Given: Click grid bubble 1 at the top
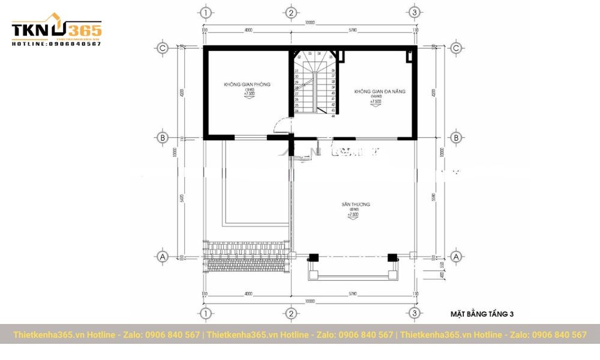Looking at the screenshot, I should click(206, 12).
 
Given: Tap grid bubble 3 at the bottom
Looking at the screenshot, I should click(413, 313).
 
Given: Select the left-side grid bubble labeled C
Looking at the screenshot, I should click(161, 48).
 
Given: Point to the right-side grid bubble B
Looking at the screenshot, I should click(456, 137).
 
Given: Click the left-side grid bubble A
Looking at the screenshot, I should click(161, 256).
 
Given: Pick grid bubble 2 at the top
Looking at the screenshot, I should click(290, 12).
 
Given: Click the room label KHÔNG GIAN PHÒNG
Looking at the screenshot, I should click(247, 85).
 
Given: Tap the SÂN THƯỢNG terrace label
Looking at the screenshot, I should click(356, 205).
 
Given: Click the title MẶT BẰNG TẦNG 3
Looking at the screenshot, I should click(482, 314).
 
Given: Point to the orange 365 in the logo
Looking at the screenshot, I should click(85, 30).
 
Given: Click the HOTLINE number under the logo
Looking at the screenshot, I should click(56, 44).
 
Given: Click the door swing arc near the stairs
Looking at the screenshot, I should click(279, 125).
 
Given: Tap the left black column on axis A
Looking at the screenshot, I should click(313, 257).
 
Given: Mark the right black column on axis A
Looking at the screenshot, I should click(392, 257).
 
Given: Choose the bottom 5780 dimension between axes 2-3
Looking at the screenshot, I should click(352, 293).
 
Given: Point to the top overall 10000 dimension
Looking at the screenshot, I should click(309, 23).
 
